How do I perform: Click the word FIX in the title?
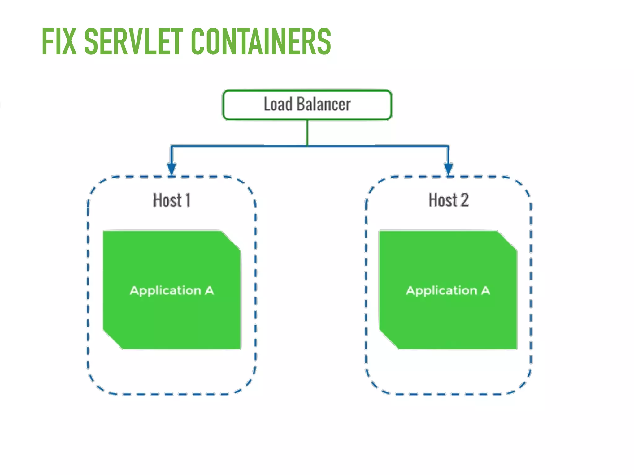point(59,42)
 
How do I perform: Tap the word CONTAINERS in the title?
point(261,42)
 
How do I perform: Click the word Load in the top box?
point(278,104)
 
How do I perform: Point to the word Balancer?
point(323,104)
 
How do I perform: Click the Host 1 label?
point(172,200)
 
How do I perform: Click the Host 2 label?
point(448,200)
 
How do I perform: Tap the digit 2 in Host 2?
point(464,200)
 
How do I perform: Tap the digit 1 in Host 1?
point(187,200)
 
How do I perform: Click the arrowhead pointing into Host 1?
point(172,169)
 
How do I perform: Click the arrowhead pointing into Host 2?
point(448,169)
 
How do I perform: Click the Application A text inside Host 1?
point(172,291)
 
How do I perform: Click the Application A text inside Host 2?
point(448,291)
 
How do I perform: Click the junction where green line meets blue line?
point(307,146)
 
